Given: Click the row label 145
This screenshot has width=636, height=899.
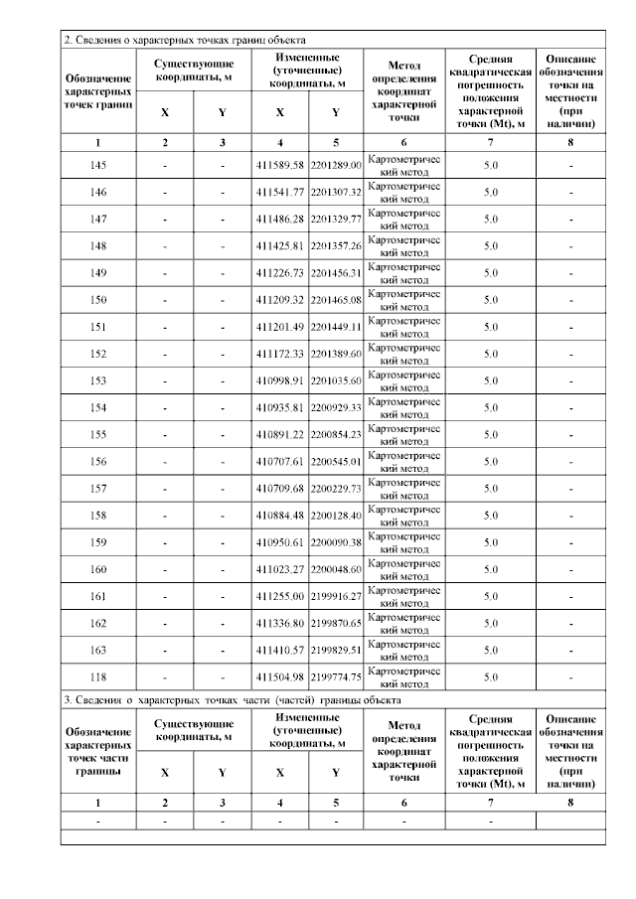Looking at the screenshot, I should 97,165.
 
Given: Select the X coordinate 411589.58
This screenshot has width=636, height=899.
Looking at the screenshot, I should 280,165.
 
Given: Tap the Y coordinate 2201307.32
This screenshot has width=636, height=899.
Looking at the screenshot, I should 336,192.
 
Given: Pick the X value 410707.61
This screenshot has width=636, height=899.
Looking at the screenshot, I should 280,461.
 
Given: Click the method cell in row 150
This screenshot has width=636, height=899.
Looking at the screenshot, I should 403,299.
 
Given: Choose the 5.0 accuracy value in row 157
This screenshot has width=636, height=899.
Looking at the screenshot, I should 490,488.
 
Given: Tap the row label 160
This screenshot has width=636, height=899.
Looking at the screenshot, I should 97,569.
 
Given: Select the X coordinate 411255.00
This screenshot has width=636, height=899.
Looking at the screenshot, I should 280,596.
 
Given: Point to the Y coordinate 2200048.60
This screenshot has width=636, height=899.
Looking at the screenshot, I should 336,569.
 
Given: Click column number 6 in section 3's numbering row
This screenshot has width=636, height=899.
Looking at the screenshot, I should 403,802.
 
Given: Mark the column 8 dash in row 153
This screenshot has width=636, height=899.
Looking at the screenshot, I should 570,380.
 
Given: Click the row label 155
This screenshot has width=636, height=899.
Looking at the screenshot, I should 97,434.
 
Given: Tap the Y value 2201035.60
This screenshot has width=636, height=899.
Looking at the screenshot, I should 336,380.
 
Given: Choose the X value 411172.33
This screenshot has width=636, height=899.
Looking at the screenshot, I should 280,354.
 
